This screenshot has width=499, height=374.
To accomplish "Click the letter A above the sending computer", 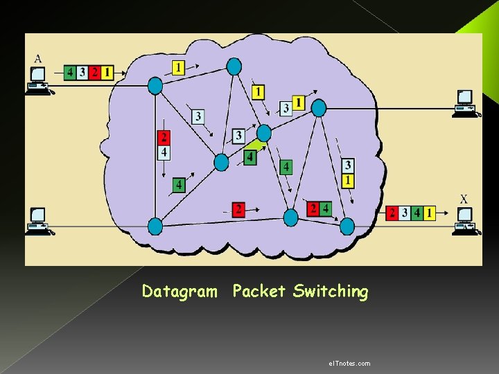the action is point(37,58).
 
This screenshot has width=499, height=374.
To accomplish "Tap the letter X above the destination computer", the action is point(464,199).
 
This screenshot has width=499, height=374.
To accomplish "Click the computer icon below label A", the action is point(38,80).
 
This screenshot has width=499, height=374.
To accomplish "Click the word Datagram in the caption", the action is point(180,292).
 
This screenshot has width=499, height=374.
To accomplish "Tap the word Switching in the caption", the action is point(331,292).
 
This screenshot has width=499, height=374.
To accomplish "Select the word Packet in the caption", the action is point(259,292).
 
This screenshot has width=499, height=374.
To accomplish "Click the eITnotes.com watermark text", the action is point(349,363).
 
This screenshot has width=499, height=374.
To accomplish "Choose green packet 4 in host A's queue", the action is point(70,72).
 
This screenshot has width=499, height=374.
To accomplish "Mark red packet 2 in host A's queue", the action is point(95,72).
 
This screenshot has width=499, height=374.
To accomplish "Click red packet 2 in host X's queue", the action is point(392,213).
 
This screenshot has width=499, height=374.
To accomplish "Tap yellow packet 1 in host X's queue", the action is point(430,213).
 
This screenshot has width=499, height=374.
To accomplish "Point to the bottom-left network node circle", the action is point(155,226).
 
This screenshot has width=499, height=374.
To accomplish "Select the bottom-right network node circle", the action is point(347,226).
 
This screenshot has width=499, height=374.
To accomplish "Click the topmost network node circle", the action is point(234,66).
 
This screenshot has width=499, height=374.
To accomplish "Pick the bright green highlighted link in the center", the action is point(255,146).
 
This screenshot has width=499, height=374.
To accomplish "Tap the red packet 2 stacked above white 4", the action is point(164,137).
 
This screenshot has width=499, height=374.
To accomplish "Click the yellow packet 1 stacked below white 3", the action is point(348,180).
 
